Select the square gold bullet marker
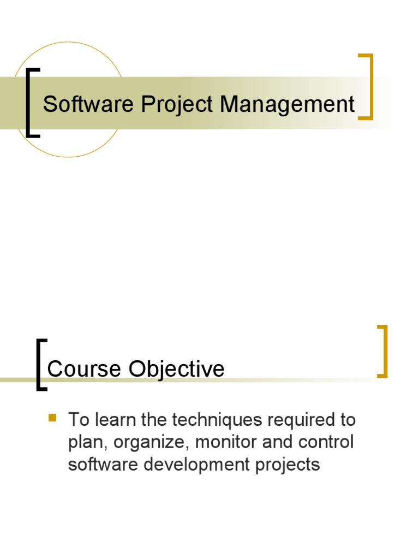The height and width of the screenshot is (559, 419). (x=52, y=418)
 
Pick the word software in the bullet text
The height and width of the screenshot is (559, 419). (x=100, y=465)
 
